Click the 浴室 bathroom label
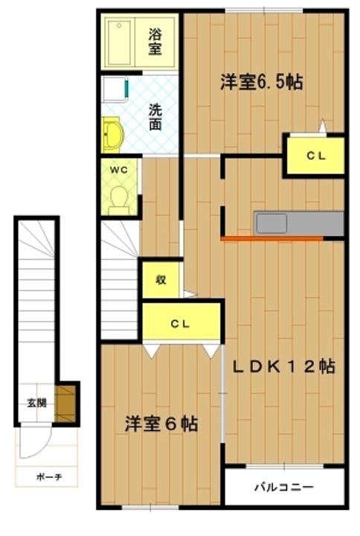coord(155,41)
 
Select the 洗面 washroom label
coord(155,117)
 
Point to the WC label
coord(119,169)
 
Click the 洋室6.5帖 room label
coord(260,82)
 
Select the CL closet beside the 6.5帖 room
coord(315,155)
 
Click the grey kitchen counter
coord(298,223)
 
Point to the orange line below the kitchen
coord(271,239)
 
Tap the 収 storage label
coord(160,280)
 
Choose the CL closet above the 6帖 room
coord(181,323)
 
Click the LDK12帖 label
coord(282,366)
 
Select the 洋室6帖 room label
coord(161,424)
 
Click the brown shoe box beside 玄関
coord(68,402)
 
